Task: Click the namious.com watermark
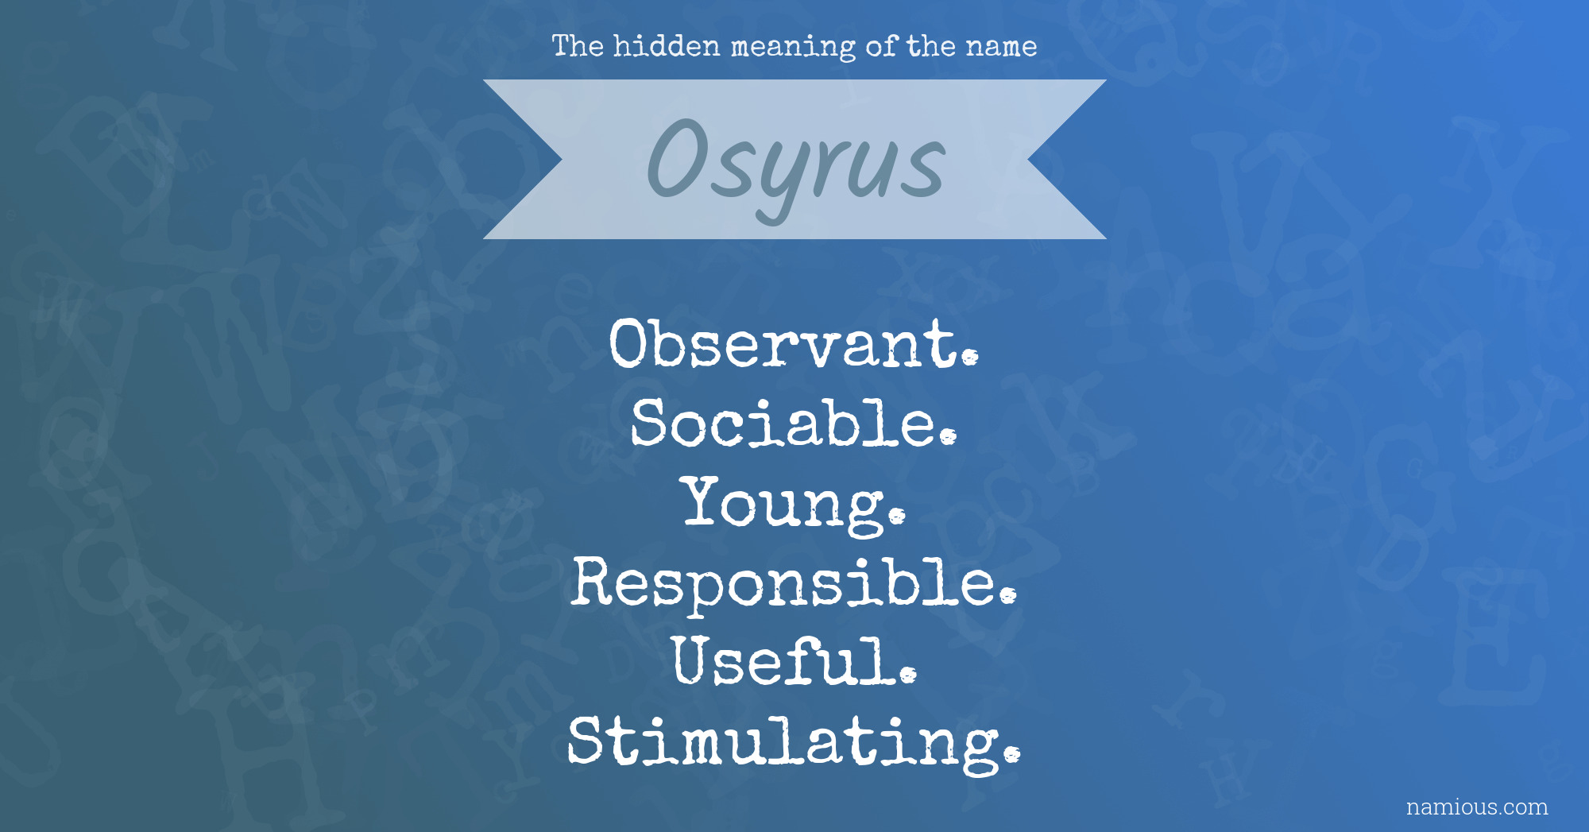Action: pyautogui.click(x=1477, y=807)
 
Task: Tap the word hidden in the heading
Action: pyautogui.click(x=667, y=46)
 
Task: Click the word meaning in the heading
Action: pyautogui.click(x=793, y=48)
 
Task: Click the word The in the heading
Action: pyautogui.click(x=578, y=46)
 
